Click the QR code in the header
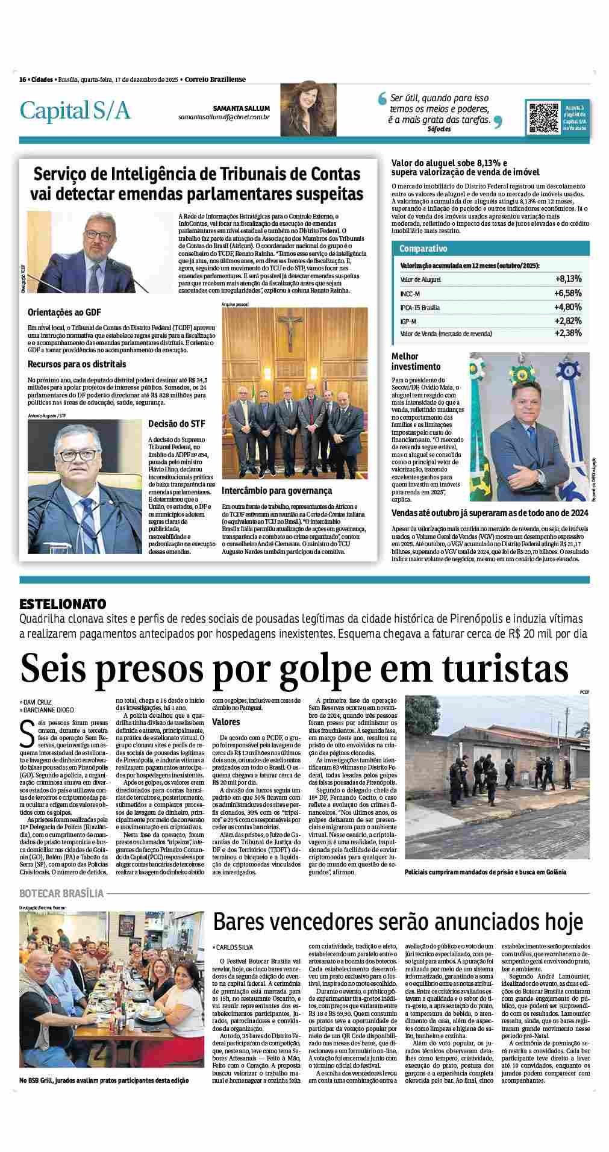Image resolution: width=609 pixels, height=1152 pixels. pyautogui.click(x=542, y=118)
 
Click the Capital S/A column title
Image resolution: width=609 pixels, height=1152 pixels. pyautogui.click(x=75, y=111)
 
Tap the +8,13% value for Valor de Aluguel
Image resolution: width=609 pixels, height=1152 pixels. pyautogui.click(x=568, y=279)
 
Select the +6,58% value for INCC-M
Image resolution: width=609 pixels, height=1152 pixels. pyautogui.click(x=568, y=293)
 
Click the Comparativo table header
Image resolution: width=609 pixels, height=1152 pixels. pyautogui.click(x=423, y=249)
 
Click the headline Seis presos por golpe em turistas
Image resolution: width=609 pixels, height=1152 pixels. pyautogui.click(x=295, y=667)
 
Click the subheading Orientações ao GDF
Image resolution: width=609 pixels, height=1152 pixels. pyautogui.click(x=64, y=312)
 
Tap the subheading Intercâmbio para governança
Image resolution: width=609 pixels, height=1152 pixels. pyautogui.click(x=277, y=490)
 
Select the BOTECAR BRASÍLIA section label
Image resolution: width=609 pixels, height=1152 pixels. pyautogui.click(x=62, y=893)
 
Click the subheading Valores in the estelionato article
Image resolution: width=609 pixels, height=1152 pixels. pyautogui.click(x=226, y=721)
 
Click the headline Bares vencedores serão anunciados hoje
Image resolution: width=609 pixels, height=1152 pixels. pyautogui.click(x=398, y=921)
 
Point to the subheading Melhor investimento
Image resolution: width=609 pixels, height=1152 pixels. pyautogui.click(x=416, y=361)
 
